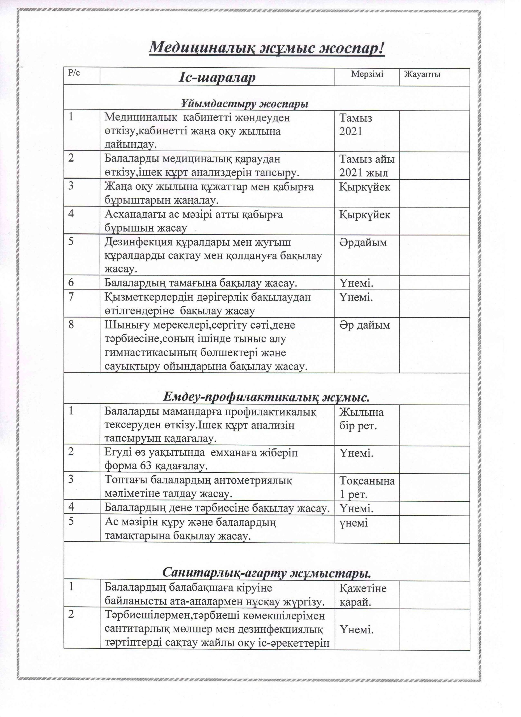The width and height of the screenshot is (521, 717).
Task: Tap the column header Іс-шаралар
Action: pos(217,78)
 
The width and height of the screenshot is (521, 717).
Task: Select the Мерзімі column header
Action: pos(367,74)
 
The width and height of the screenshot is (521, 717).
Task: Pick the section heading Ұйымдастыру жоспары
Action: pos(245,104)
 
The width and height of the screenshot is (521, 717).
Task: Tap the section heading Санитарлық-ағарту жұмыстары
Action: pos(266,572)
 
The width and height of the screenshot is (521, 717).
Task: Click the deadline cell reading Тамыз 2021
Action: pos(356,125)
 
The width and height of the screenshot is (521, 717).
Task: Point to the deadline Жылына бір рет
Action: pos(361,419)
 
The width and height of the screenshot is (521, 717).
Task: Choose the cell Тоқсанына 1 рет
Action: pos(367,488)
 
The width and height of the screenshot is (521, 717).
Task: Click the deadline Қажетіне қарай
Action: pos(363,595)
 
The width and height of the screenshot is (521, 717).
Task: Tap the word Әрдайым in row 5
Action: pos(363,243)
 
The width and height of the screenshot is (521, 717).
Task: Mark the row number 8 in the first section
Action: pos(71,325)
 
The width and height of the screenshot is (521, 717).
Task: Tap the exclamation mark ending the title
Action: pos(381,48)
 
